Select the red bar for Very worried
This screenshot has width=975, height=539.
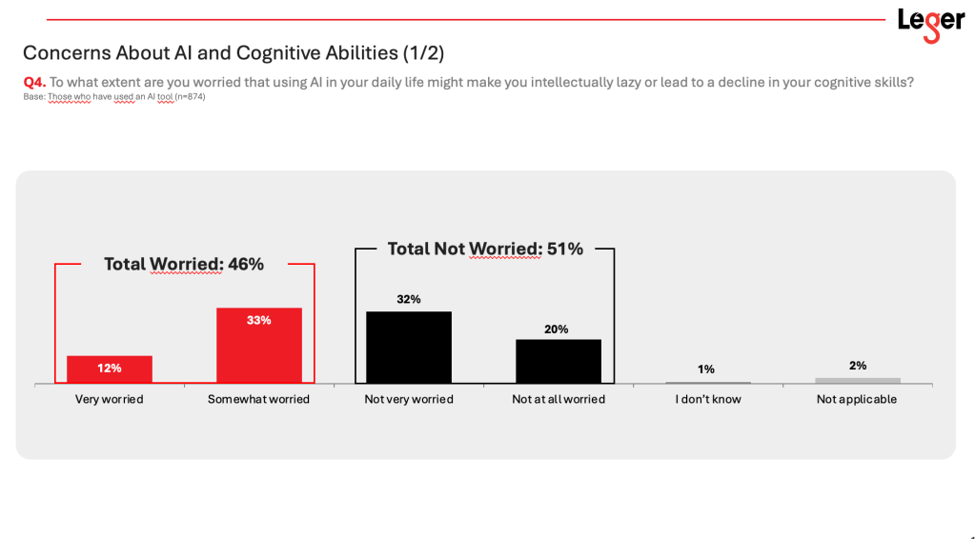110,369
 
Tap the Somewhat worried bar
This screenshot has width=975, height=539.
259,346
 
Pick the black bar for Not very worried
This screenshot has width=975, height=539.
409,348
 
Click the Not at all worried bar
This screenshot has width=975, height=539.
559,361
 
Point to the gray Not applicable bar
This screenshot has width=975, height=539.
858,381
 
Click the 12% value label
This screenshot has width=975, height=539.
110,368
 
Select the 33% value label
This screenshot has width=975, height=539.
259,320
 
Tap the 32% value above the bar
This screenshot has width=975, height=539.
409,299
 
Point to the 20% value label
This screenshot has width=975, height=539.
557,329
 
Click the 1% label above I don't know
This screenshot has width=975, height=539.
706,369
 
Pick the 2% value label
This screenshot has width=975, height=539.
857,366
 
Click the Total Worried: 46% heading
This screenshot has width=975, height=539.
184,264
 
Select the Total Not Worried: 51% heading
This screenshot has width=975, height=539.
485,249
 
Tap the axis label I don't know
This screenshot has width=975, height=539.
708,399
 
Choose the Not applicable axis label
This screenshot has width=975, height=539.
857,399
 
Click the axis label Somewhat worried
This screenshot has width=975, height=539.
258,399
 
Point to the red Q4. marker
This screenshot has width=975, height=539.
34,82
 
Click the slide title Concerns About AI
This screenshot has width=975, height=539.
234,52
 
